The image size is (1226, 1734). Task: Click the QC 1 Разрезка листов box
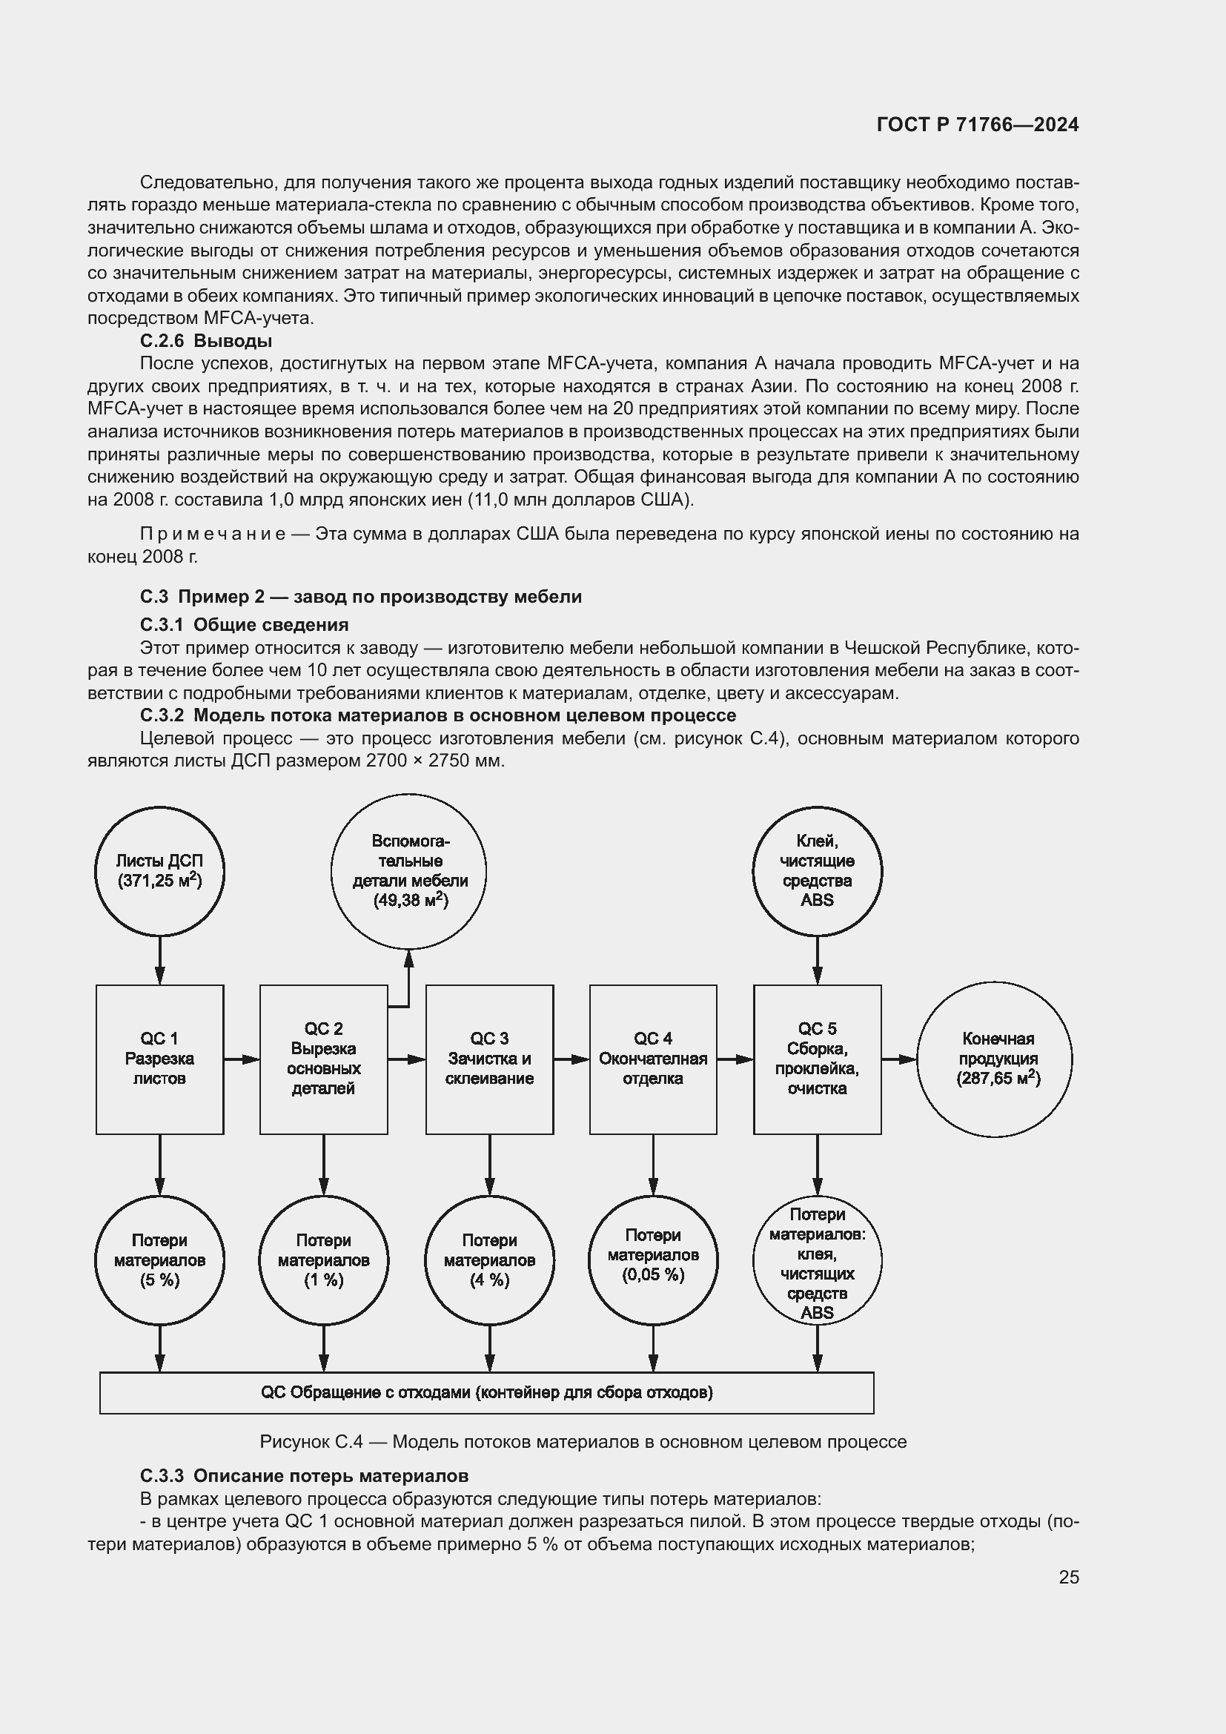159,1059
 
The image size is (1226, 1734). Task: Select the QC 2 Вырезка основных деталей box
323,1059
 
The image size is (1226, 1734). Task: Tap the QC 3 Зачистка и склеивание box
489,1059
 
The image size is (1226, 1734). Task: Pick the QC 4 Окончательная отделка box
653,1059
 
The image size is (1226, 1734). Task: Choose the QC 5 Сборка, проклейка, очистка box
817,1059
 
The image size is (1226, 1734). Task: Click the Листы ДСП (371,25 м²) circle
159,871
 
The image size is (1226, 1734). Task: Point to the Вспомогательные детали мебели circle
408,871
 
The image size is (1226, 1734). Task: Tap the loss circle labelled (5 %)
159,1260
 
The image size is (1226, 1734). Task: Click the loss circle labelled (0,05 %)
653,1260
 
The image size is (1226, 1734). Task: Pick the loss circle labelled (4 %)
489,1260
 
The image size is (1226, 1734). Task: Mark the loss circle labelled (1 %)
323,1260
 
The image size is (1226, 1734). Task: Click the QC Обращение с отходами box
486,1393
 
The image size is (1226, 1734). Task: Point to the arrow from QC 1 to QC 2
242,1059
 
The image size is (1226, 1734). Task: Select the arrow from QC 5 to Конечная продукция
899,1059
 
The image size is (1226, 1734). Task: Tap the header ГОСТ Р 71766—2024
978,125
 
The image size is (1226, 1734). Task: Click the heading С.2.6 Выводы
205,340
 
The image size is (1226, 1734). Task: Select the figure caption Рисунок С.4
583,1442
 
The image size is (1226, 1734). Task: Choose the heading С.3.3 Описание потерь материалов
303,1476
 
